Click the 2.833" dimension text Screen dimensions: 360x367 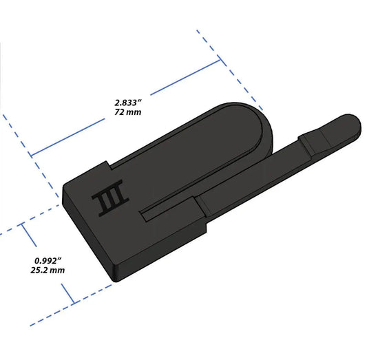tap(129, 100)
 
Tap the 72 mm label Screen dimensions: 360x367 tap(129, 112)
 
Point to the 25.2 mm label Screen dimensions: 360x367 tap(49, 271)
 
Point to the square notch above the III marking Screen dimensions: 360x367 tap(111, 165)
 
